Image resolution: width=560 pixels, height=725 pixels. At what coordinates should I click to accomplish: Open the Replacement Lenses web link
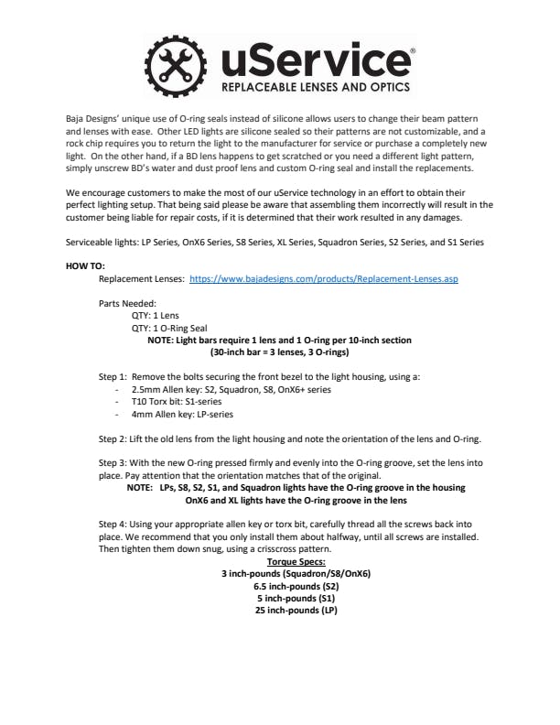(323, 279)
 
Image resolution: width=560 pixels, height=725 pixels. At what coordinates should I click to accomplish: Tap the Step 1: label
(115, 376)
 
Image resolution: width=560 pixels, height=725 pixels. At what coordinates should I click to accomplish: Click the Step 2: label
(115, 438)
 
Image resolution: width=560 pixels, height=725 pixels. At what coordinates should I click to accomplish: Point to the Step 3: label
(115, 463)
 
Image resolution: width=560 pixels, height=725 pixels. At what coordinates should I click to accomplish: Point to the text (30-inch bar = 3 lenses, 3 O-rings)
(279, 352)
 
